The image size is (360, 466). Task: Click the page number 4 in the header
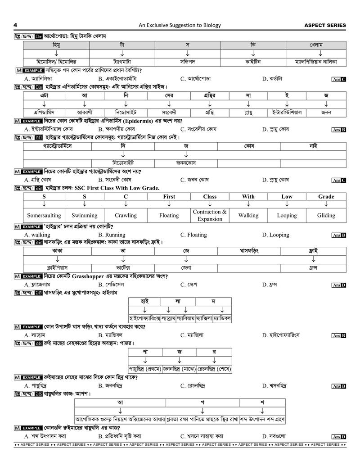tap(16, 25)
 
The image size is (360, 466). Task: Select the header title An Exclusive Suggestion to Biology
tap(180, 25)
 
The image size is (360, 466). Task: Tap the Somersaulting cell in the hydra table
tap(44, 215)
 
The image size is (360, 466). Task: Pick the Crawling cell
tap(126, 215)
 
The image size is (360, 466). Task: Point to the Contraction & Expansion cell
tap(210, 215)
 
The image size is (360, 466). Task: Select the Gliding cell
tap(326, 215)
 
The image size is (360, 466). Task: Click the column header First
tap(169, 196)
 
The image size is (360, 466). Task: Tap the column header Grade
tap(326, 196)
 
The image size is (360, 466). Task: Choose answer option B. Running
tap(112, 235)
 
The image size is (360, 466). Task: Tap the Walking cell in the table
tap(248, 215)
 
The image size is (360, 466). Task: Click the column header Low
tap(287, 196)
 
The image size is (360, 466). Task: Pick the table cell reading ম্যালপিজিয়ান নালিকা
tap(315, 61)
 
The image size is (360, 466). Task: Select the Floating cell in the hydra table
tap(169, 215)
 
